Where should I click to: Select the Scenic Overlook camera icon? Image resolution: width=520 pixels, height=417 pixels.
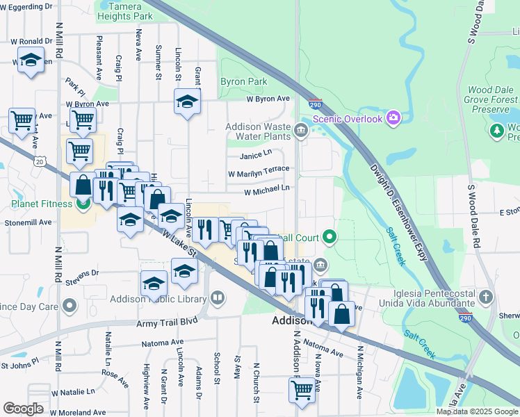tap(393, 118)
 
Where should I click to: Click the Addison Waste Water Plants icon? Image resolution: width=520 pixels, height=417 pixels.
tap(300, 130)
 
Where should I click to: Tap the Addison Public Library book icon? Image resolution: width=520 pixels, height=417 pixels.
tap(218, 298)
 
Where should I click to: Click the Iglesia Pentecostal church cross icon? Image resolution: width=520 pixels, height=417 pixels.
tap(486, 298)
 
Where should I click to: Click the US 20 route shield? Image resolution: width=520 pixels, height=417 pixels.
tap(40, 161)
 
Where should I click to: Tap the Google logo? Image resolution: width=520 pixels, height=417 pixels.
tap(23, 409)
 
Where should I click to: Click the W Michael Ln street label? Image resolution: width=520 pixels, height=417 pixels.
tap(266, 190)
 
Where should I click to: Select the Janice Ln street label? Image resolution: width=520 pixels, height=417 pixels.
tap(256, 154)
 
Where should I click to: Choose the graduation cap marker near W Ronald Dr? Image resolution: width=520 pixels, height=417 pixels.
tap(31, 60)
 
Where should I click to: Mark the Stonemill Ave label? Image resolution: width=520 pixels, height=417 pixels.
tap(28, 222)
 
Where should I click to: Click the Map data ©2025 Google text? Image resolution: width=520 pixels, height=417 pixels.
tap(476, 411)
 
